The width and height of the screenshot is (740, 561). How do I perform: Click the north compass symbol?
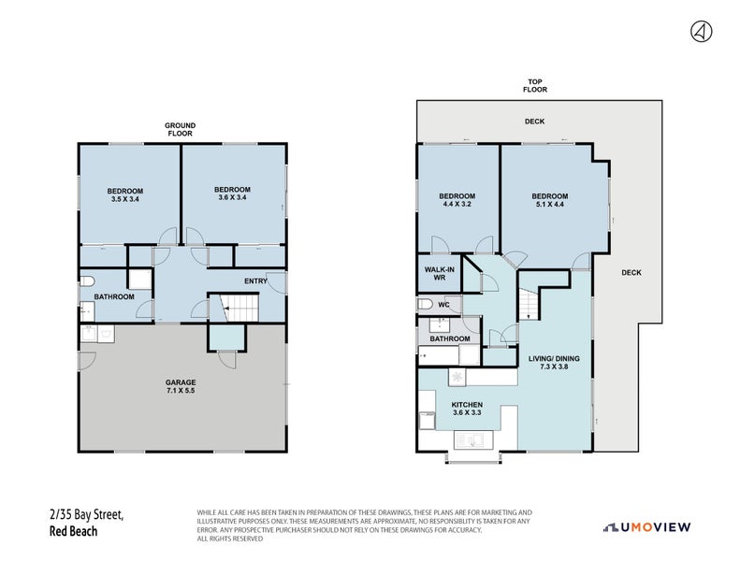coord(701,32)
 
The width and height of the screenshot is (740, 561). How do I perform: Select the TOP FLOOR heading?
coord(534,85)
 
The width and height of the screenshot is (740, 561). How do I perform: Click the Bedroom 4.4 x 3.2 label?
coord(457,201)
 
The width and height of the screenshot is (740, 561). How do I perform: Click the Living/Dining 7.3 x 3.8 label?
coord(555,362)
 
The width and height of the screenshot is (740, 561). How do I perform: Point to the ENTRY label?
coord(256,281)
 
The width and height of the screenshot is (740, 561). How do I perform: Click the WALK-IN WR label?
coord(439,273)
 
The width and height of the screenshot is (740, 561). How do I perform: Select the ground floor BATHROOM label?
coord(113,297)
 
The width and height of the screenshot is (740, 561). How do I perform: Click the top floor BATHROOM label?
coord(450,338)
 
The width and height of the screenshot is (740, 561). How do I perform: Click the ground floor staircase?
coord(239,307)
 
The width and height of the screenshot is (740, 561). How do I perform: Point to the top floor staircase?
coord(530,304)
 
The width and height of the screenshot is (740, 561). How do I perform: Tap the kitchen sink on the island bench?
coord(468,439)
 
